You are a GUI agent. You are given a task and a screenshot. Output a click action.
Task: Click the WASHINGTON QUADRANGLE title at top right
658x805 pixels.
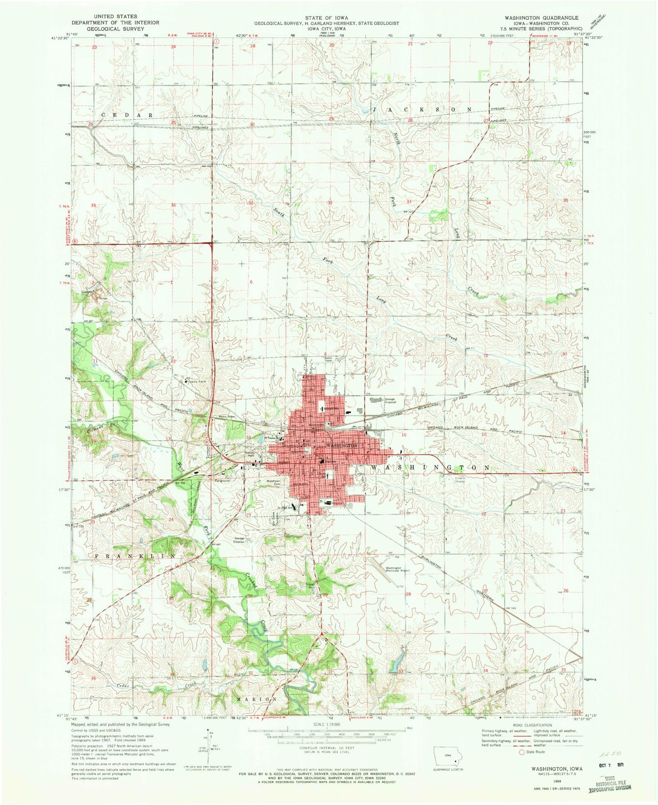(x=541, y=18)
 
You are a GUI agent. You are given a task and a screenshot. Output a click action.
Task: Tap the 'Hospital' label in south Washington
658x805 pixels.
(x=337, y=503)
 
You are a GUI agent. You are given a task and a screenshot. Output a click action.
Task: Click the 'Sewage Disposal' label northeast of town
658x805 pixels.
(x=389, y=400)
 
